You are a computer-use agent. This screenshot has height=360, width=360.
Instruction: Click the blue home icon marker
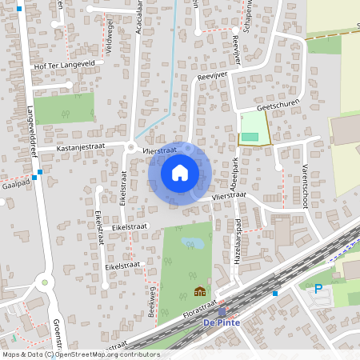pos(179,173)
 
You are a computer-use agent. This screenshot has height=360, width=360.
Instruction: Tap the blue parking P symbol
pos(318,289)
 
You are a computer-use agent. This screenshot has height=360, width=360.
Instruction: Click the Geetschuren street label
pos(278,106)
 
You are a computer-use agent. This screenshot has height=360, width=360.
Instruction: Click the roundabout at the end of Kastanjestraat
pos(130,147)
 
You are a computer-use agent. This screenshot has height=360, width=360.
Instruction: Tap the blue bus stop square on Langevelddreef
pos(39,171)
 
